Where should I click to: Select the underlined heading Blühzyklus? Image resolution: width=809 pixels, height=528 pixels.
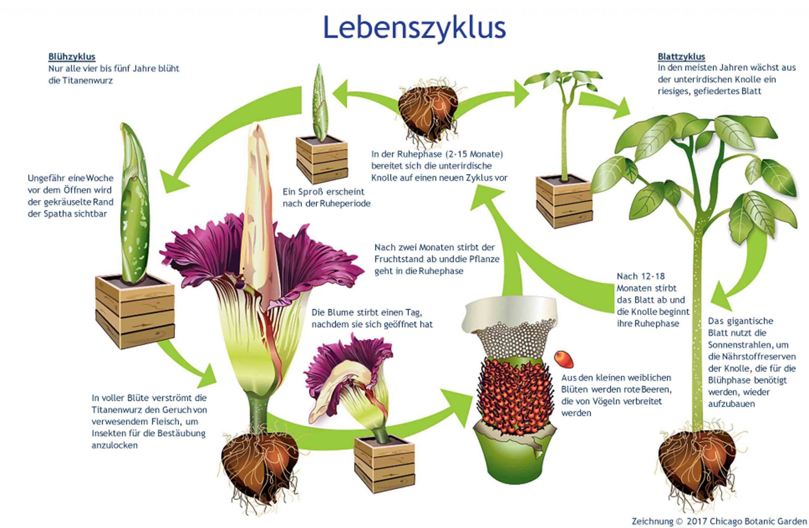(x=72, y=57)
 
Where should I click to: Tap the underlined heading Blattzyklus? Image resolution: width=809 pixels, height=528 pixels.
(x=681, y=57)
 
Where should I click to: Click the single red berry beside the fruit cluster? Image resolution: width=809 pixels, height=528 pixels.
(x=563, y=359)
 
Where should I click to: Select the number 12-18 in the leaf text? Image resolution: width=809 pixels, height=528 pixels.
(x=650, y=276)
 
